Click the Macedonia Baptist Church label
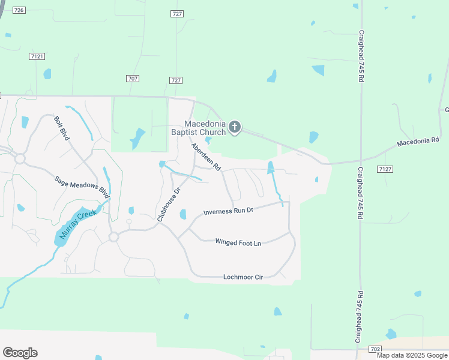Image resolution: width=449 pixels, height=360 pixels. (198, 128)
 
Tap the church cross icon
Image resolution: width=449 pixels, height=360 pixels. (235, 127)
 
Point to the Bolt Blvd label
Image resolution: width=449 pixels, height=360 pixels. (62, 128)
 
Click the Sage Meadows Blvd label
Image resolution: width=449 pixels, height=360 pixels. (82, 188)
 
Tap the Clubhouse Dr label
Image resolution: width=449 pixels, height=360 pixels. (169, 205)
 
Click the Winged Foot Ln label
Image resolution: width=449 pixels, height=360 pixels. (238, 242)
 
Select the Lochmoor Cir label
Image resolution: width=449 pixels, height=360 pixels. (243, 277)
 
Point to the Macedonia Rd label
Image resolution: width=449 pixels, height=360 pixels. (419, 142)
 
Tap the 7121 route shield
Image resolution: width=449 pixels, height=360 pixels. (37, 56)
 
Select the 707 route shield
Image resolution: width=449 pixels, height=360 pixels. (133, 79)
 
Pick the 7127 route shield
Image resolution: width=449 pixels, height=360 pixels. (385, 169)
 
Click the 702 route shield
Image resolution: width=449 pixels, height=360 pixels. (375, 349)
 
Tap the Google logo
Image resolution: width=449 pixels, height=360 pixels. (20, 353)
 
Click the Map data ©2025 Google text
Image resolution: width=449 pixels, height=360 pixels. (412, 355)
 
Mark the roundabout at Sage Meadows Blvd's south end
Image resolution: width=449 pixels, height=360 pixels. (113, 238)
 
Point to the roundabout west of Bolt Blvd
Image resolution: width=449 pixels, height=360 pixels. (20, 158)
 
